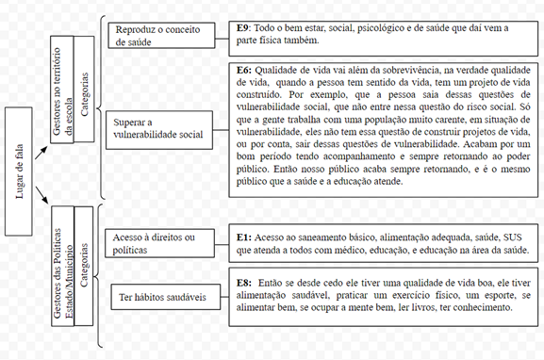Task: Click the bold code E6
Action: [243, 69]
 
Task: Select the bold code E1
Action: [242, 237]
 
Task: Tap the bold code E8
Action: [243, 282]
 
